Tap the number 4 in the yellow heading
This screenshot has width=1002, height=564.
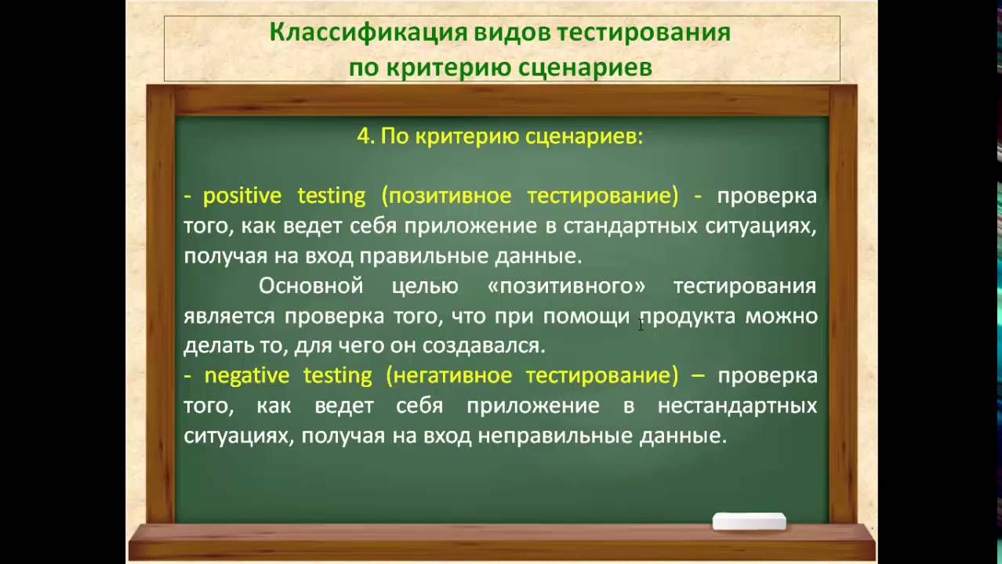364,136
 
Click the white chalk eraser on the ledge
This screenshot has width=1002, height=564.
749,522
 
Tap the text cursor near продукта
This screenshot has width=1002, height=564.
641,323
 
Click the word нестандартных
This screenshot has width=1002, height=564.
736,407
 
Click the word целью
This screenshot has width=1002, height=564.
424,286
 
